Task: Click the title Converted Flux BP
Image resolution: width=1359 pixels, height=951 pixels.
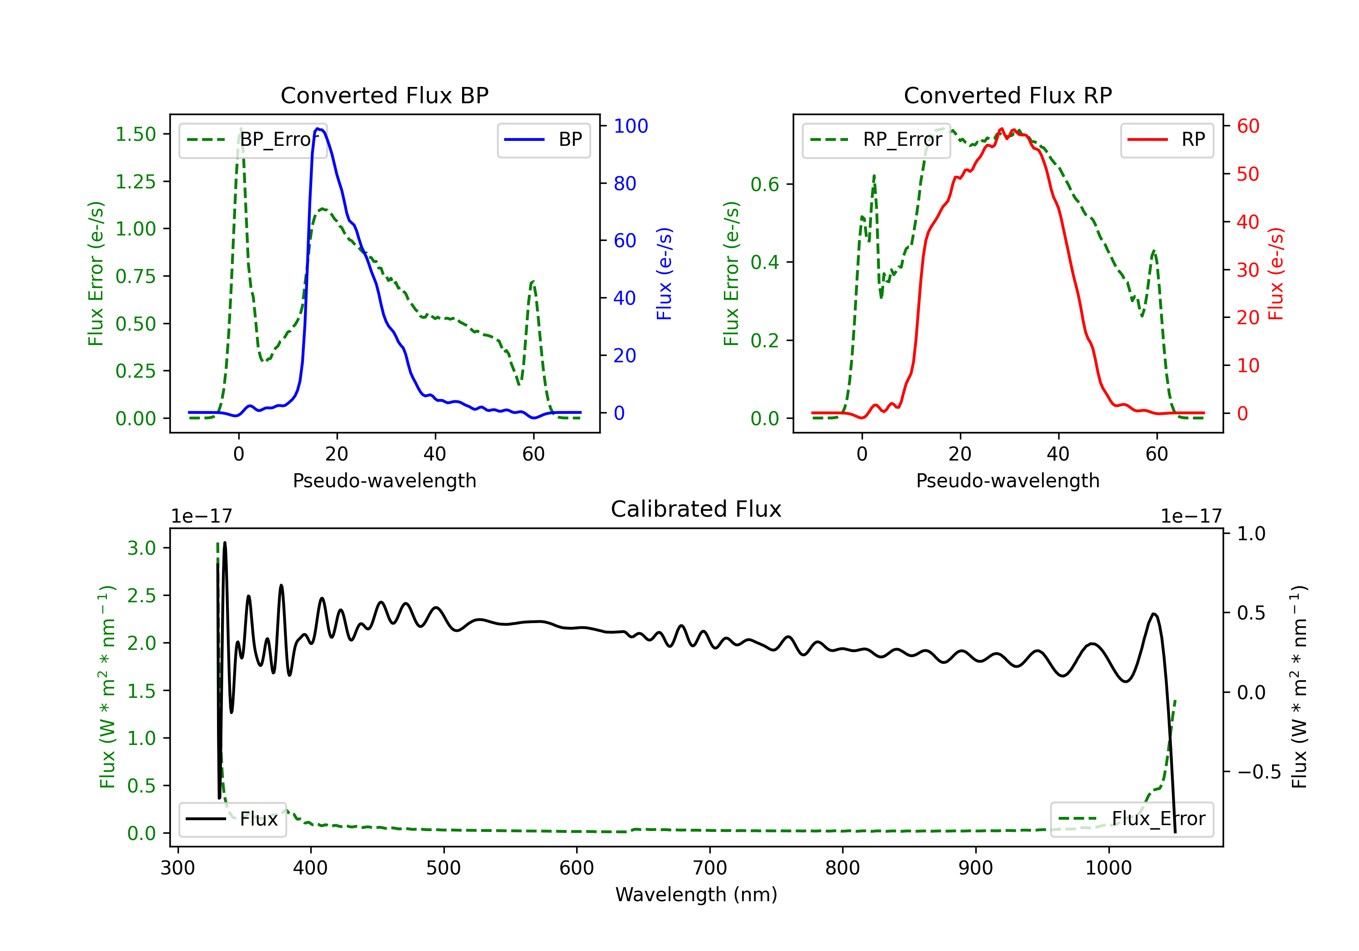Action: (x=384, y=95)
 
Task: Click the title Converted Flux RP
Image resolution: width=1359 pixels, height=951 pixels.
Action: (x=1007, y=95)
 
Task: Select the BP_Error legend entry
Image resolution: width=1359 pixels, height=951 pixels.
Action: (x=253, y=139)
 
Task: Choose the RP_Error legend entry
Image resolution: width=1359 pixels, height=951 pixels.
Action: (x=876, y=139)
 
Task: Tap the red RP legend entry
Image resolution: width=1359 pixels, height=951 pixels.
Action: (x=1166, y=139)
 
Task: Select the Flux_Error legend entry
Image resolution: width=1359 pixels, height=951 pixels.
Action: (x=1132, y=819)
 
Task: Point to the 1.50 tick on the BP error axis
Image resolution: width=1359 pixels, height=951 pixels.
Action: (x=135, y=134)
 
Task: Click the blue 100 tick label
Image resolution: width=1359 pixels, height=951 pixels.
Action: (x=631, y=126)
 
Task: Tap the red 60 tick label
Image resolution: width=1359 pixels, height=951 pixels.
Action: (x=1248, y=126)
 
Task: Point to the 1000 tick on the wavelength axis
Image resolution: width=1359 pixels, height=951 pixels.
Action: (x=1108, y=868)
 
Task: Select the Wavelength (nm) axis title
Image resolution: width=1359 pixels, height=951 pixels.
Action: (x=696, y=894)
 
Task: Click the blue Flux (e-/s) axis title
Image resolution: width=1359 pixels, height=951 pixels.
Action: (x=664, y=274)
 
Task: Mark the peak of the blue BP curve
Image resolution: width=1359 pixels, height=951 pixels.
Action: (x=318, y=129)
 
